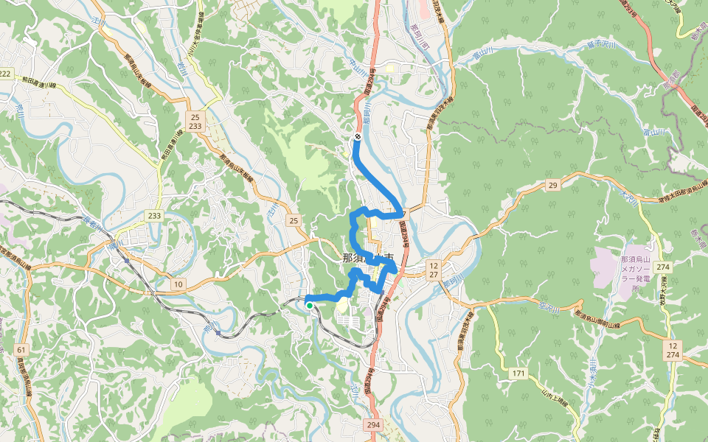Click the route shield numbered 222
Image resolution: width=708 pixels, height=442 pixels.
[6, 73]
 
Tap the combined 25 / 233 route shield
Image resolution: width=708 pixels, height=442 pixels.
[195, 122]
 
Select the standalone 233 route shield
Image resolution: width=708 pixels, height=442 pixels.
[154, 215]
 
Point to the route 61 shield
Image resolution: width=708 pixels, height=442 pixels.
[21, 348]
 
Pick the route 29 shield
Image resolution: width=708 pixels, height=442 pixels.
[552, 185]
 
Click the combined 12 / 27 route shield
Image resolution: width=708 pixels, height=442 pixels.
[433, 270]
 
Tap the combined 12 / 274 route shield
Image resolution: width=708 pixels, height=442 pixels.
[673, 350]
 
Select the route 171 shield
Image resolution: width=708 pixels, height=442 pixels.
[518, 374]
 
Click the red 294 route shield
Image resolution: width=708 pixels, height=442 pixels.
[374, 425]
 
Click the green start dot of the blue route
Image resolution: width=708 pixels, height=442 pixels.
[310, 305]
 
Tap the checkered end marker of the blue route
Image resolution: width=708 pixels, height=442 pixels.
[357, 136]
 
